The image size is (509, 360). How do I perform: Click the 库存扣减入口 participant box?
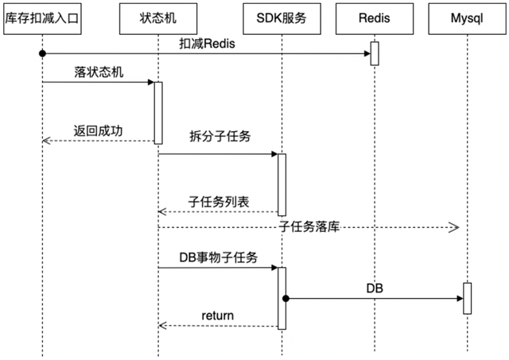pyautogui.click(x=42, y=17)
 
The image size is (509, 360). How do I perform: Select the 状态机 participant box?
pyautogui.click(x=157, y=17)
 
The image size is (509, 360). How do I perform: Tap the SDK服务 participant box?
pyautogui.click(x=281, y=17)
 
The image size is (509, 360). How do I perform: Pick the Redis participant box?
pyautogui.click(x=372, y=17)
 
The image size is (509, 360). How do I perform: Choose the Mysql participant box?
pyautogui.click(x=468, y=17)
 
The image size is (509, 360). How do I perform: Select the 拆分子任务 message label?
pyautogui.click(x=220, y=137)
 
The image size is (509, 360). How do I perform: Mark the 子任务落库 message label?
pyautogui.click(x=309, y=227)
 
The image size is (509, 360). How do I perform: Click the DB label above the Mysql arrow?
pyautogui.click(x=375, y=288)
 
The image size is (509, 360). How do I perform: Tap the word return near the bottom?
pyautogui.click(x=217, y=315)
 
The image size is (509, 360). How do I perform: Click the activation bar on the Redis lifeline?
pyautogui.click(x=373, y=52)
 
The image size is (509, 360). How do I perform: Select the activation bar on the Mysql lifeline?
pyautogui.click(x=468, y=297)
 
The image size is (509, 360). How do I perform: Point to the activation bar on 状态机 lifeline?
pyautogui.click(x=158, y=112)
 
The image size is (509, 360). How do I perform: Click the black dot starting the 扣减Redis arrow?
pyautogui.click(x=42, y=53)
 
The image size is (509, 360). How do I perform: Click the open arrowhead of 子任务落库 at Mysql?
pyautogui.click(x=455, y=228)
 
